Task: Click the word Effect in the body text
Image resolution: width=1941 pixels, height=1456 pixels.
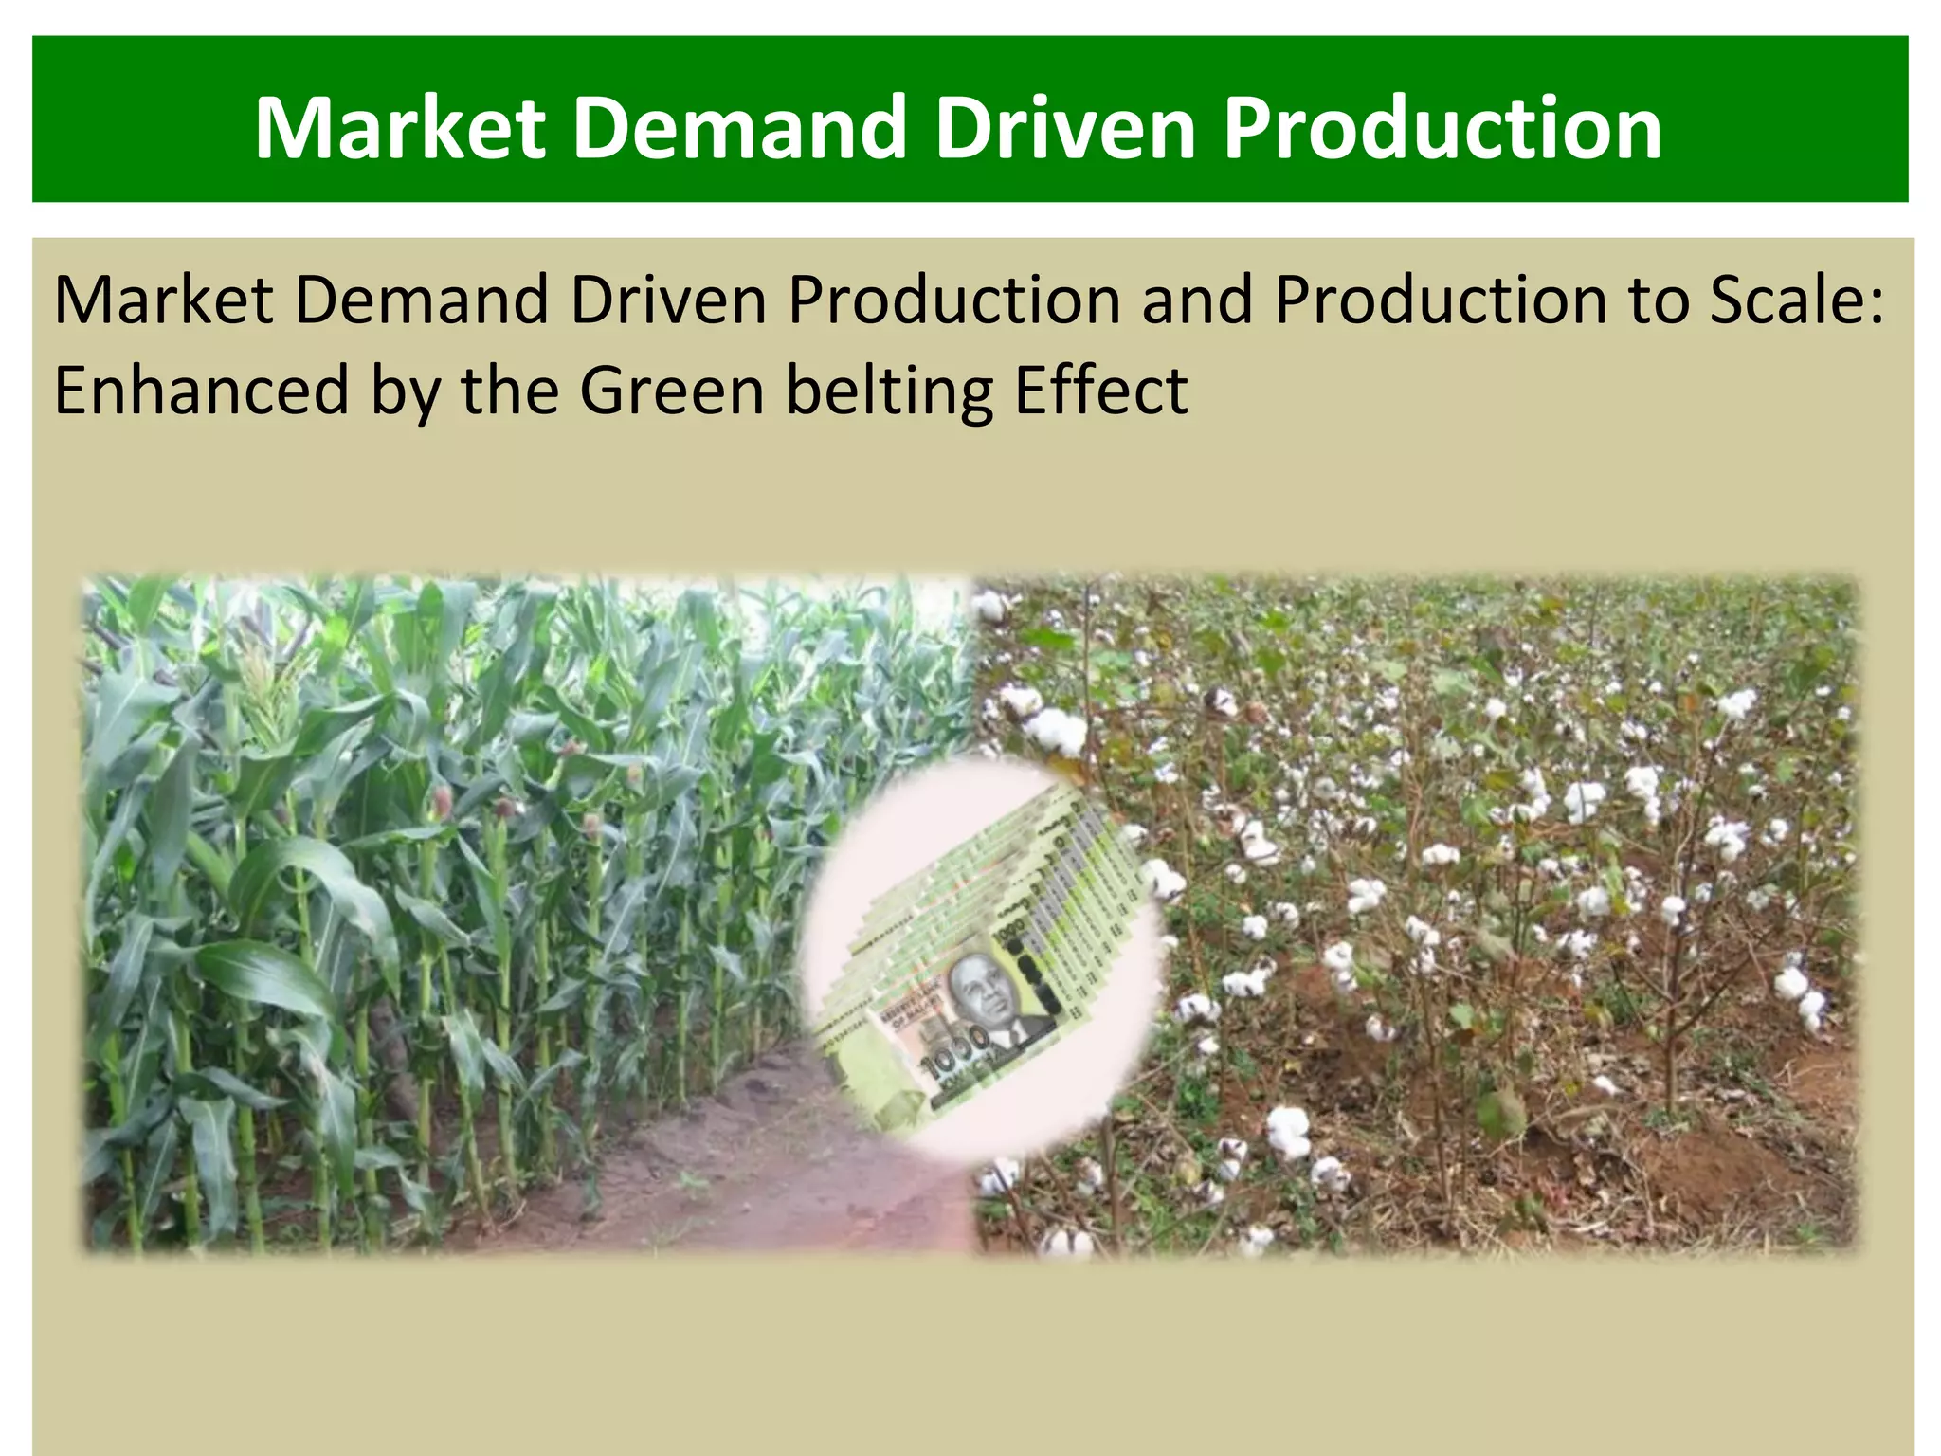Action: (x=1100, y=391)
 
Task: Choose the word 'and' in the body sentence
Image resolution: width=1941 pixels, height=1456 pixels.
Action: (x=1196, y=300)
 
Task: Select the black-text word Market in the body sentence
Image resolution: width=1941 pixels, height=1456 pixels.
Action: (x=164, y=300)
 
